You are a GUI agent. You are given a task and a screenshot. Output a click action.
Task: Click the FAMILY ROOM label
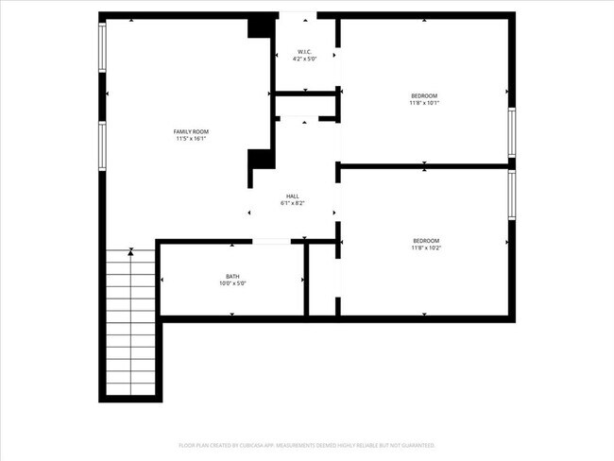coord(190,131)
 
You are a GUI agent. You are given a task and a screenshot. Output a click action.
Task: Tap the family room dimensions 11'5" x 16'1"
coord(190,139)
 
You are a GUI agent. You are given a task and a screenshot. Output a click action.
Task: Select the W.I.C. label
coord(305,51)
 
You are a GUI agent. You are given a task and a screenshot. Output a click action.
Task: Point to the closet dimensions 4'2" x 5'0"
coord(305,59)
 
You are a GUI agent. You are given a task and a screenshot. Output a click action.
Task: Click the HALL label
coord(293,196)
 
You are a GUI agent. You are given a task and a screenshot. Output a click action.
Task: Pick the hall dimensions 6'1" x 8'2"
coord(293,204)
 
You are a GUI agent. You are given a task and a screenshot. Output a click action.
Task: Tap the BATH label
coord(232,276)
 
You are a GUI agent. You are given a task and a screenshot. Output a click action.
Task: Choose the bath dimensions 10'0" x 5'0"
coord(232,283)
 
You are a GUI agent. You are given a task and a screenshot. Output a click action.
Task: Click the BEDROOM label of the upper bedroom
coord(424,95)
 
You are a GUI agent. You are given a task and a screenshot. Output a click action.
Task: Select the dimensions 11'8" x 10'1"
coord(424,103)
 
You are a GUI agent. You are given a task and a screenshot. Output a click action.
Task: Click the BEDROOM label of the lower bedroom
coord(425,241)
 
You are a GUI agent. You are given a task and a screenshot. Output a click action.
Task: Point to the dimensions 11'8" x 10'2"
coord(425,248)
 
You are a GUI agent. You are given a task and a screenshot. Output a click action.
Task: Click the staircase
coord(130,321)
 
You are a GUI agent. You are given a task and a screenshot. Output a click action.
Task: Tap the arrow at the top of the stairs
coord(130,251)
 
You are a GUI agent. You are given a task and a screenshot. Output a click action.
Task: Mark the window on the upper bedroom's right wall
coord(512,132)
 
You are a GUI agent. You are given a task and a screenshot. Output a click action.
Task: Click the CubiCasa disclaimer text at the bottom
coord(307,444)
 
